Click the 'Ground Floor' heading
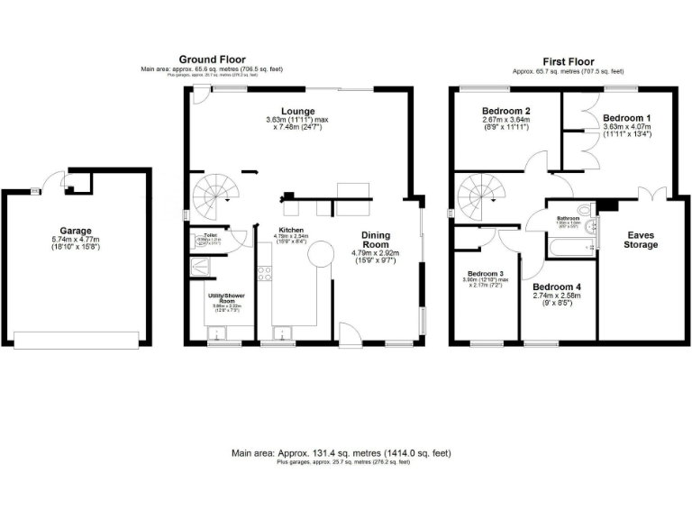(x=212, y=59)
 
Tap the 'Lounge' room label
(x=297, y=111)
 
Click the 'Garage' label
(x=75, y=231)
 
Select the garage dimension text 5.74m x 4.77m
(x=75, y=241)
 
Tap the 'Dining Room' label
(x=376, y=241)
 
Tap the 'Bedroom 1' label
(x=626, y=118)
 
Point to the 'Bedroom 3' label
(x=486, y=274)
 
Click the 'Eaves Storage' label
(x=642, y=239)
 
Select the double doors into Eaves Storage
(x=648, y=193)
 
